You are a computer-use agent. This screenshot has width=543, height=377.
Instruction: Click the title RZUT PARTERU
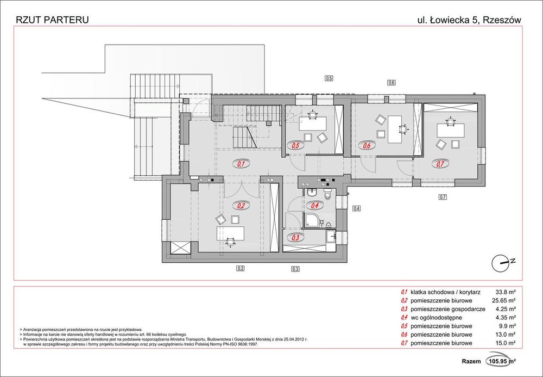point(53,20)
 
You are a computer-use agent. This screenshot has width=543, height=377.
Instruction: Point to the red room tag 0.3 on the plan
point(296,238)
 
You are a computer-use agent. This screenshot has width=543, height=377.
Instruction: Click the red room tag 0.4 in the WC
point(314,206)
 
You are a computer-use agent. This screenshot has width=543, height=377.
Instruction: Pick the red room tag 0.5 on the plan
point(296,146)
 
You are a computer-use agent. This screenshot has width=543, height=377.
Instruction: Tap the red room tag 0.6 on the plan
point(367,146)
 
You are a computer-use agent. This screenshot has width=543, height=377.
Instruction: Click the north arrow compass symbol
point(501,263)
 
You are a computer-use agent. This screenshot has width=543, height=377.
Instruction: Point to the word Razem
point(471,361)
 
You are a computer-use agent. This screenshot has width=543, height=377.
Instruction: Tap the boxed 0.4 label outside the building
point(356,208)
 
